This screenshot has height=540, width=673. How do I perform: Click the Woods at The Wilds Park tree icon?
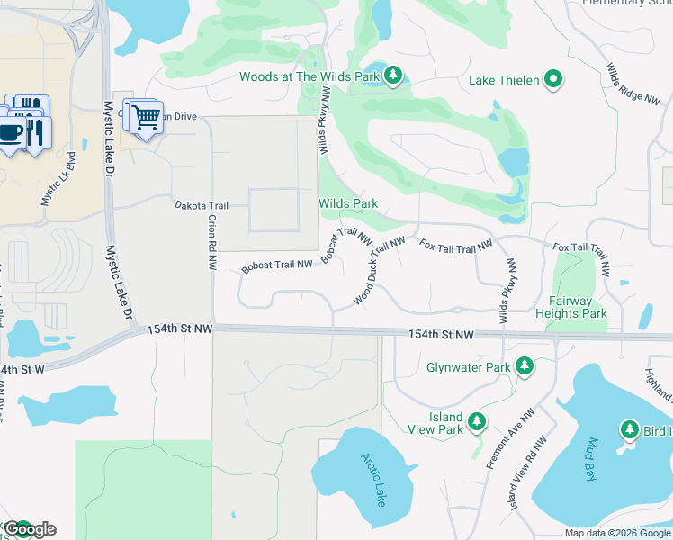point(392,76)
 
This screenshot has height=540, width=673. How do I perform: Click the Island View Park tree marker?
point(477,421)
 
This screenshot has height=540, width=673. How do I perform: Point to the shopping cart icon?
point(143,117)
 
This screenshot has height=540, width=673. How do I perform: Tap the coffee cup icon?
point(12,133)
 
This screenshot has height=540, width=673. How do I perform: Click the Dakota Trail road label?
point(202,206)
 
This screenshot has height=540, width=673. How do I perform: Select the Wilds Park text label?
point(348,203)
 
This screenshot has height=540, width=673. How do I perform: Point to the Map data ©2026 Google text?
point(616,533)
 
